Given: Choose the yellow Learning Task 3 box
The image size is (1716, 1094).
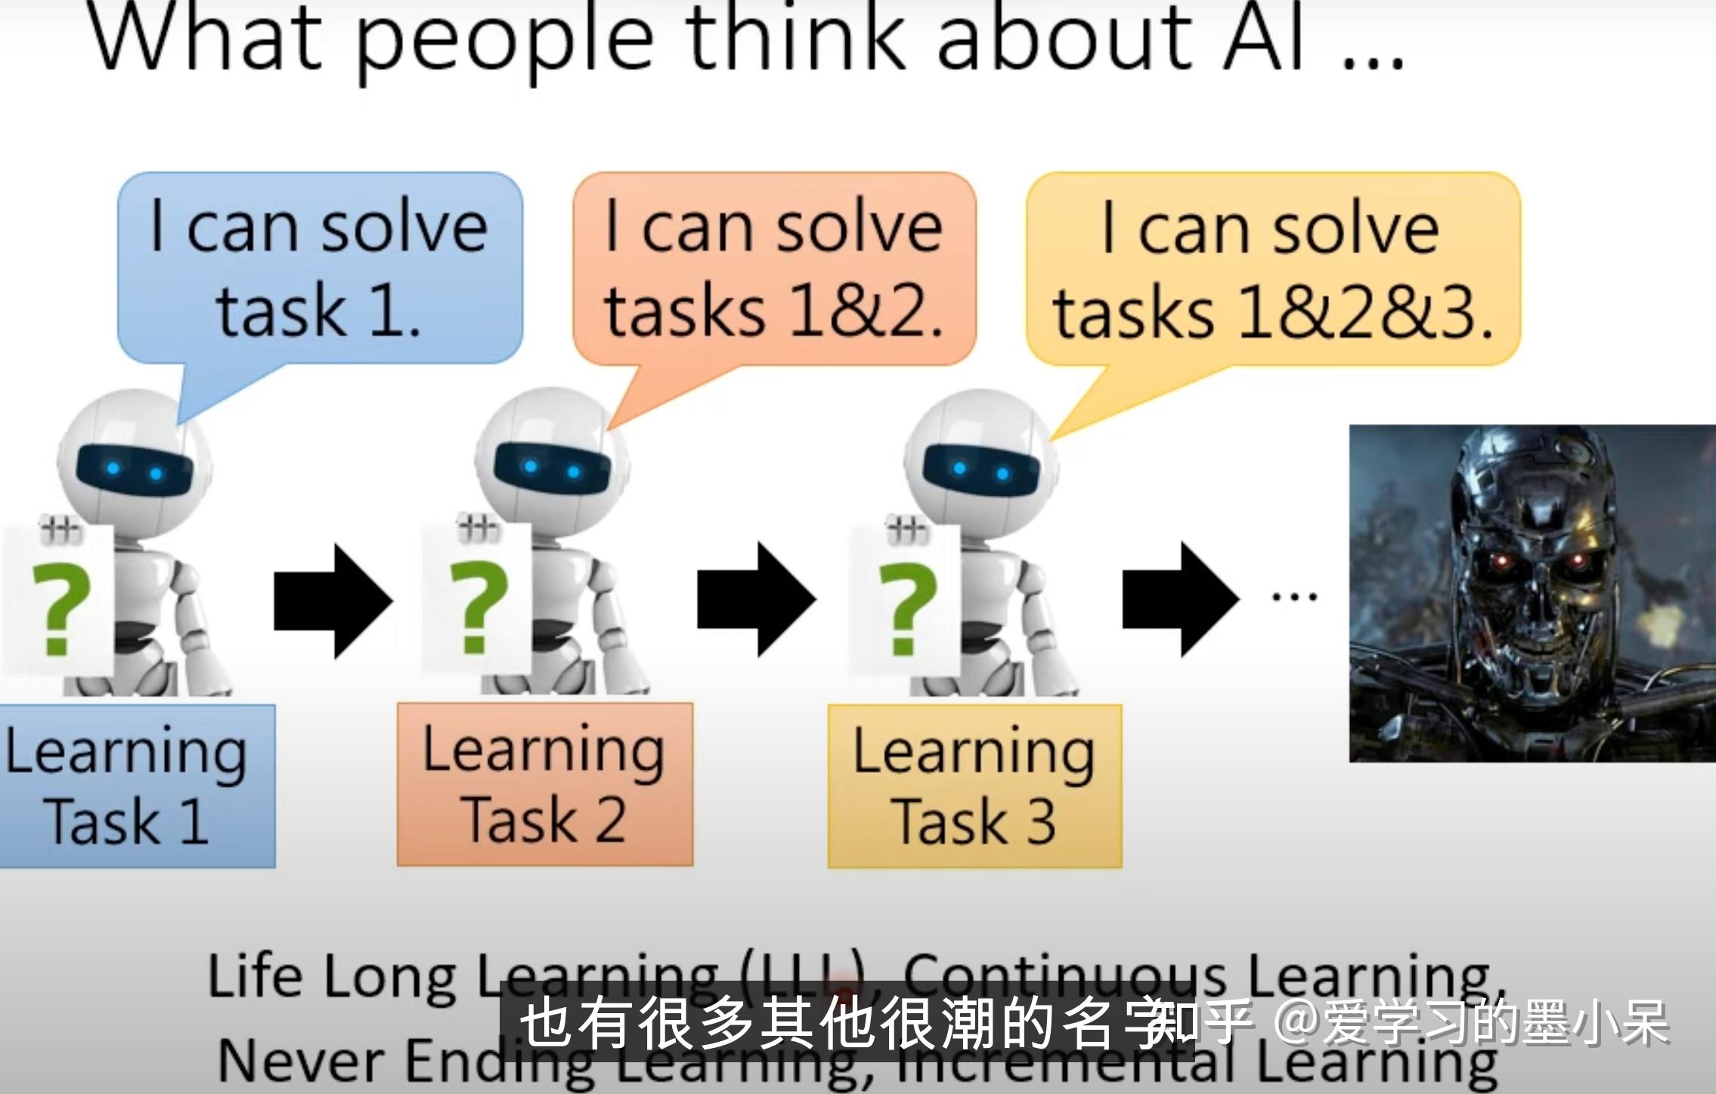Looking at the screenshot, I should pyautogui.click(x=974, y=786).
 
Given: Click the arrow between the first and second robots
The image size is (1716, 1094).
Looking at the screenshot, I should pyautogui.click(x=333, y=600).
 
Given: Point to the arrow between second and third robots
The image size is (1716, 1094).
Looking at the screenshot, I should pyautogui.click(x=756, y=600).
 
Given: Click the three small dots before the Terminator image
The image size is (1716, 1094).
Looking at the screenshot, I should pyautogui.click(x=1294, y=597).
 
